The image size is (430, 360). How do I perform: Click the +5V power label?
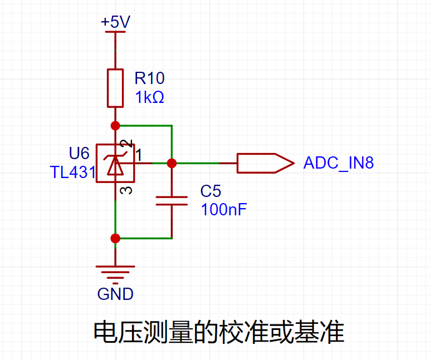point(115,22)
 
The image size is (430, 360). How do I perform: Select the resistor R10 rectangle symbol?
point(115,88)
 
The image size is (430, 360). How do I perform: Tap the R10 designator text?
point(149,78)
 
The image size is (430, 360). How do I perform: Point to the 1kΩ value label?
point(149,97)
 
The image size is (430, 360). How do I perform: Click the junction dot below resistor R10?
point(115,126)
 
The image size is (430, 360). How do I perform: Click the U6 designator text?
point(79,153)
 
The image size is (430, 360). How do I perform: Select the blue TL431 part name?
point(72,172)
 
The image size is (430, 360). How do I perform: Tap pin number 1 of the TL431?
point(139,155)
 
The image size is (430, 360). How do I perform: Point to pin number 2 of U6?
point(126,144)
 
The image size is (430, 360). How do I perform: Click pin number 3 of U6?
point(126,190)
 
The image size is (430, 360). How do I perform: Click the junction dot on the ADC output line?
point(172,163)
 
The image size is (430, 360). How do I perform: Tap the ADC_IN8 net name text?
point(339,163)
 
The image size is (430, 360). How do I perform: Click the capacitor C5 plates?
point(172,201)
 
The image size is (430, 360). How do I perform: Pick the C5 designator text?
point(211,191)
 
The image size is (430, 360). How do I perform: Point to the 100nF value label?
point(224,210)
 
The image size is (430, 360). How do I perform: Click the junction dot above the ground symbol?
point(115,238)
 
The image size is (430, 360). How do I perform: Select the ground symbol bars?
point(115,274)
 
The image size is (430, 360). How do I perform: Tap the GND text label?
point(115,294)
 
